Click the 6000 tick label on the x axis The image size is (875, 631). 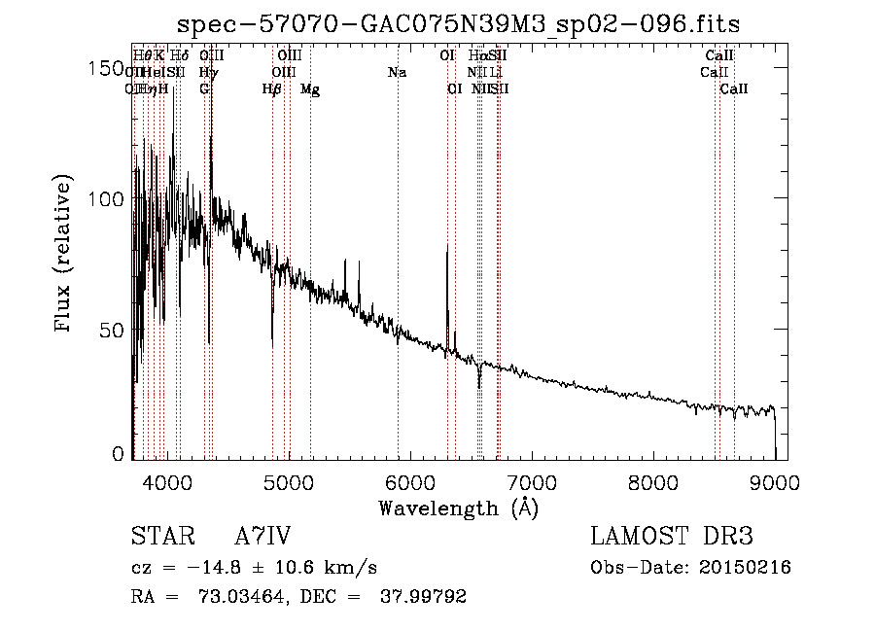(410, 482)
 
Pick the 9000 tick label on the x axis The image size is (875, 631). (775, 482)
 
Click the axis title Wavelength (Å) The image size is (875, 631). (458, 508)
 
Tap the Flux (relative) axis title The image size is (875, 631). (65, 256)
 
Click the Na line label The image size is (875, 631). (397, 73)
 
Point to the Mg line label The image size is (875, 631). (310, 89)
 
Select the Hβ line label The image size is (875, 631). (272, 89)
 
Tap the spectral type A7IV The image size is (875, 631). (262, 537)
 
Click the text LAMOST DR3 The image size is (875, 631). (672, 537)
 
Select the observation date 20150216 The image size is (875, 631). (742, 568)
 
